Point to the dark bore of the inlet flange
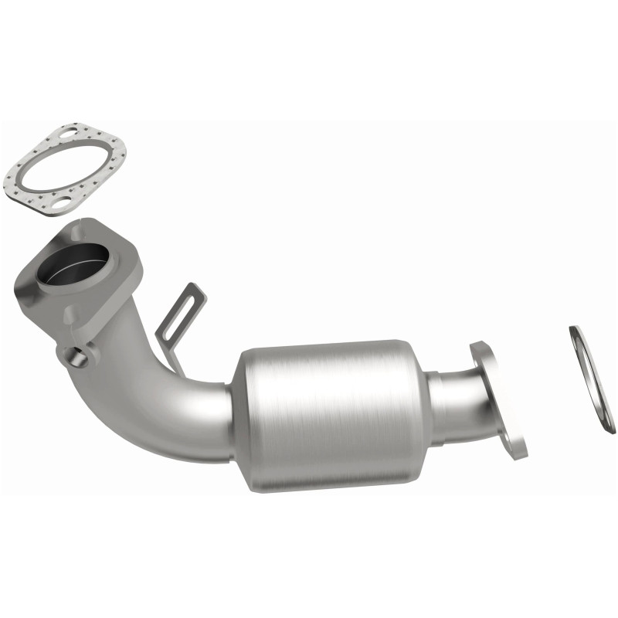tap(77, 267)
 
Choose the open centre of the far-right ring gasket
tap(592, 379)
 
